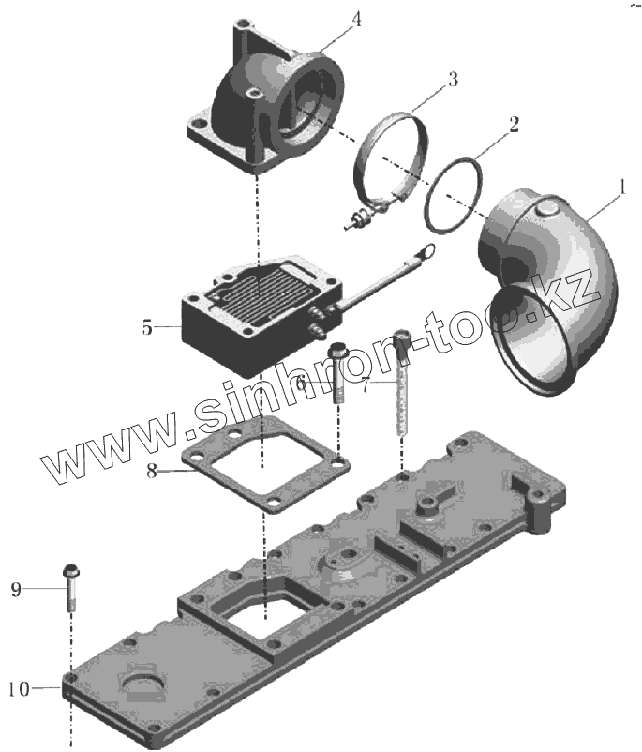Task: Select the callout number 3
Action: pos(453,79)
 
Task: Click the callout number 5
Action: pos(147,327)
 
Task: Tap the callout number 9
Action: pos(15,589)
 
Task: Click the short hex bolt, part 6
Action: pos(338,375)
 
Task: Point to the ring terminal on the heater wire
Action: pos(426,250)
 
